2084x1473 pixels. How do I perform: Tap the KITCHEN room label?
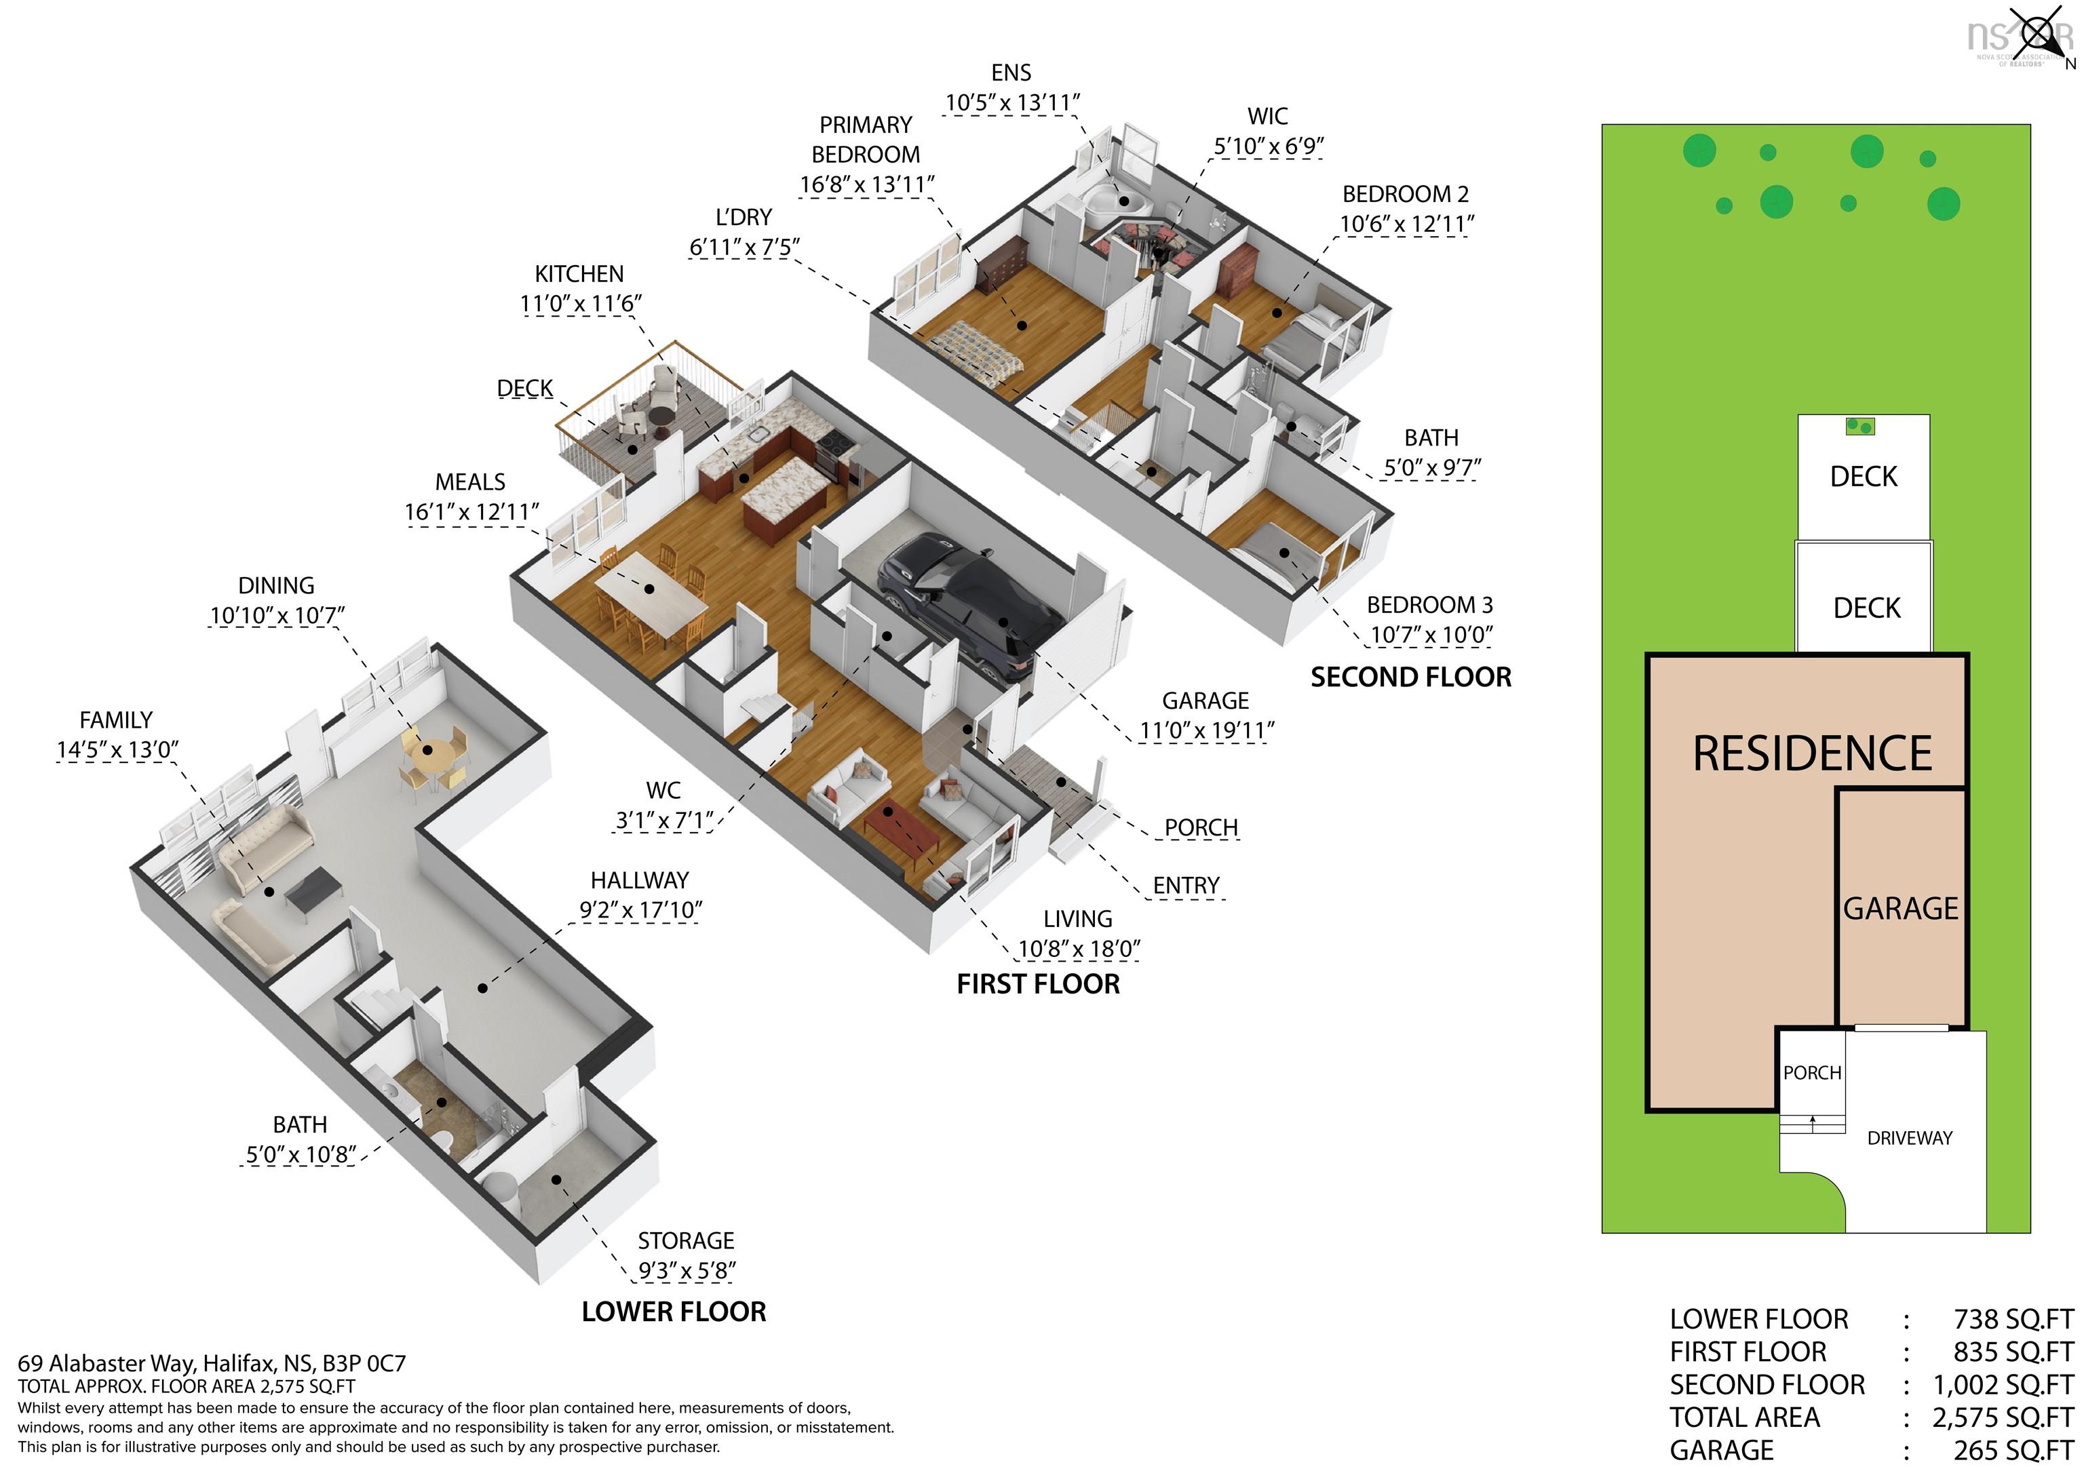pos(579,274)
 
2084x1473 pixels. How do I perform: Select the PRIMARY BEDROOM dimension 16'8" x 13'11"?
pos(867,185)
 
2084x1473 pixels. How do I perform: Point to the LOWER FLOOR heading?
pos(674,1312)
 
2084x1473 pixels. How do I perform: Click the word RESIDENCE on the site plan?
pos(1813,753)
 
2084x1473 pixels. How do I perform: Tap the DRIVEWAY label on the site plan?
pos(1910,1138)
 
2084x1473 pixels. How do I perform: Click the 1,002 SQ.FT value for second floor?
pos(2003,1385)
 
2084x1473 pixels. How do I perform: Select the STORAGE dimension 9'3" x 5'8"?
pos(687,1271)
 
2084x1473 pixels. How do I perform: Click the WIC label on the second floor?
pos(1268,116)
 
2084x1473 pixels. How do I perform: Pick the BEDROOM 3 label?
pos(1429,604)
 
